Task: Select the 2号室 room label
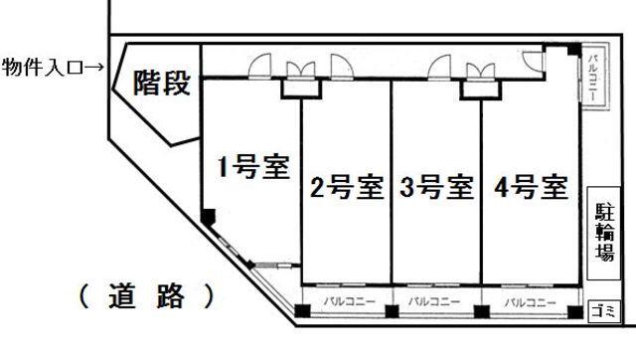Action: (x=346, y=187)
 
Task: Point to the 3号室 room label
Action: (x=435, y=187)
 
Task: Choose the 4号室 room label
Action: (x=528, y=187)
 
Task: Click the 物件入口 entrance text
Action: (x=41, y=67)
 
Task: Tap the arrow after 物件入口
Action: (x=95, y=67)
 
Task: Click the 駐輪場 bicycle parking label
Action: (x=604, y=232)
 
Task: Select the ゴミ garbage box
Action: (x=603, y=310)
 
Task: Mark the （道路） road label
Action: (x=145, y=295)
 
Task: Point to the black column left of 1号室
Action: (x=208, y=217)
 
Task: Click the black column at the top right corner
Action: (x=574, y=50)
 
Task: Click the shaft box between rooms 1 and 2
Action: (x=301, y=89)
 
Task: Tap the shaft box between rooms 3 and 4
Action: (x=481, y=89)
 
